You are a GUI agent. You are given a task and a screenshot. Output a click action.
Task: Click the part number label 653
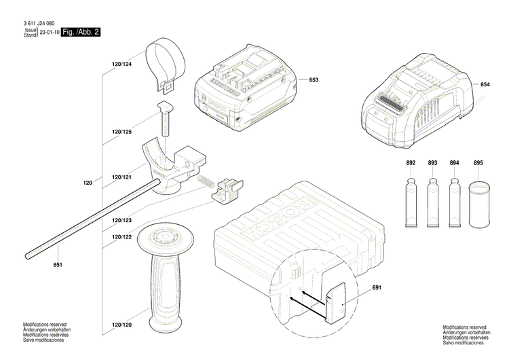[x=314, y=80]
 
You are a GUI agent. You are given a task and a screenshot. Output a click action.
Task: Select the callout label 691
[x=377, y=288]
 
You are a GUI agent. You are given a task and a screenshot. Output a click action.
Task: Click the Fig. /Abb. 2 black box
[x=80, y=32]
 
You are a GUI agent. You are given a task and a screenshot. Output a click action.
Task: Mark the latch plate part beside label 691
[x=337, y=293]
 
